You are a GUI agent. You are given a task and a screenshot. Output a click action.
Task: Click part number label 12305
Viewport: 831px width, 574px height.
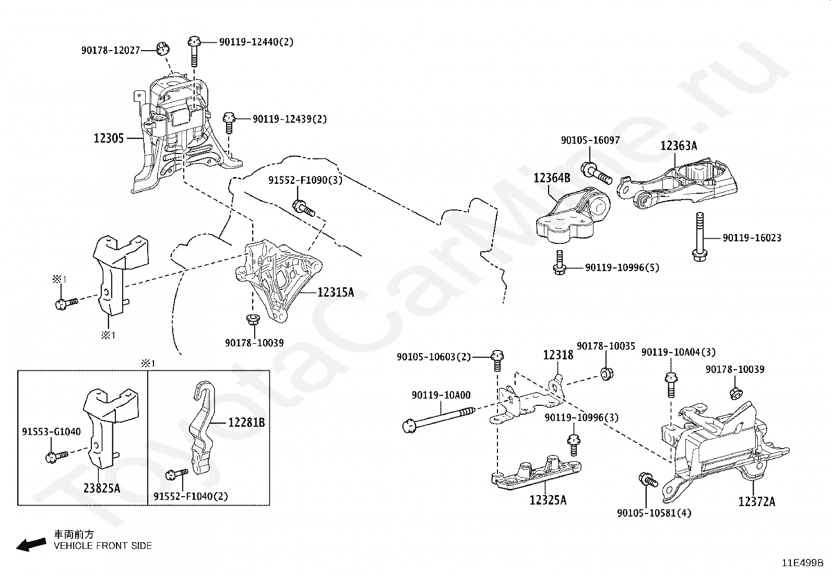(109, 138)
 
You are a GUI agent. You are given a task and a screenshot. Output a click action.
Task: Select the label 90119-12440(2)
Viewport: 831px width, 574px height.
(256, 42)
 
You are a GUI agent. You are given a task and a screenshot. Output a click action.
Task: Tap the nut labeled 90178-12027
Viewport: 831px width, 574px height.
(162, 49)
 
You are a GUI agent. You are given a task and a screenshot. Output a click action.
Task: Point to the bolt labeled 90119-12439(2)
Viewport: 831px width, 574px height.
(229, 123)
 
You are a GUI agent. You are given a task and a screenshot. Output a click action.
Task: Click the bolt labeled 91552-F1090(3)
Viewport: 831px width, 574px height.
(303, 208)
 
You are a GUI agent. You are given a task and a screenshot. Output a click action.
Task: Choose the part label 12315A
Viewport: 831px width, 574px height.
(336, 292)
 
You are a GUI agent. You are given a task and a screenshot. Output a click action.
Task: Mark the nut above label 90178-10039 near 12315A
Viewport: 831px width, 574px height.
(253, 319)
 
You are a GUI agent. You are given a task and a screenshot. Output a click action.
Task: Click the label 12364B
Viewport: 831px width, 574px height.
(552, 178)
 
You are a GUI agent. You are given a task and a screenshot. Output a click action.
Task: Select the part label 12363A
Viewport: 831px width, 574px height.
(679, 146)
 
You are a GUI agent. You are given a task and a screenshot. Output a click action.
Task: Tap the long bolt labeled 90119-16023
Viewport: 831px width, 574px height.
(699, 237)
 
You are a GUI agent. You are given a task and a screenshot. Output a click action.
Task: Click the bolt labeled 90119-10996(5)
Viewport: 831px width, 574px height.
(559, 263)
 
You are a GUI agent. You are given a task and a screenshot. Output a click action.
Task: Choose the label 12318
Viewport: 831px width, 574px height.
(558, 355)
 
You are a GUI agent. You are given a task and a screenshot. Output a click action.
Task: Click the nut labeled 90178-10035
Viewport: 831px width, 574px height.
(606, 373)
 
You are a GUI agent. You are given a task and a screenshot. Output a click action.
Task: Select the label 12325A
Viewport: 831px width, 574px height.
(548, 500)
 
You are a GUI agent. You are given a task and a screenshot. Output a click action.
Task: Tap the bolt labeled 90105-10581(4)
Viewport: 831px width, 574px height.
(648, 479)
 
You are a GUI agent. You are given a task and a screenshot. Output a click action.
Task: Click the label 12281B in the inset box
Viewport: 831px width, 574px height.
(246, 423)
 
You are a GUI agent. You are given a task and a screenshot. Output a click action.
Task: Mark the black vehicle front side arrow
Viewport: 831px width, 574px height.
(31, 545)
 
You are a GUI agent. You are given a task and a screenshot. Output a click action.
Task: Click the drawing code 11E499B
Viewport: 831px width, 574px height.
(803, 563)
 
